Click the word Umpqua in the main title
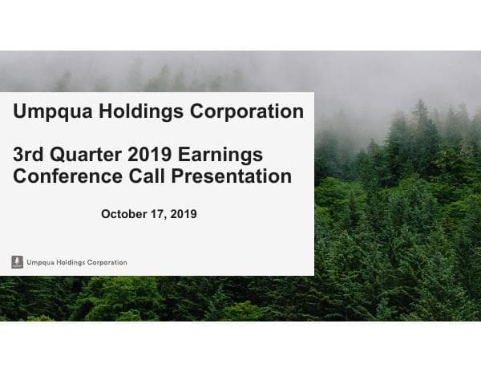pos(53,111)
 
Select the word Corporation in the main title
pos(245,111)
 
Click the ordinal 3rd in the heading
pos(29,154)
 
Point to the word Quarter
pos(84,154)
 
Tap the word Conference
pos(69,176)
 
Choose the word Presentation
pos(233,176)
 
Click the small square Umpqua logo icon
pos(17,262)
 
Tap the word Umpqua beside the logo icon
pos(41,262)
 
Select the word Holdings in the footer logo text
pos(73,262)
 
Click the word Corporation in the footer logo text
pos(108,262)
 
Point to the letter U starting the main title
pos(20,111)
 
